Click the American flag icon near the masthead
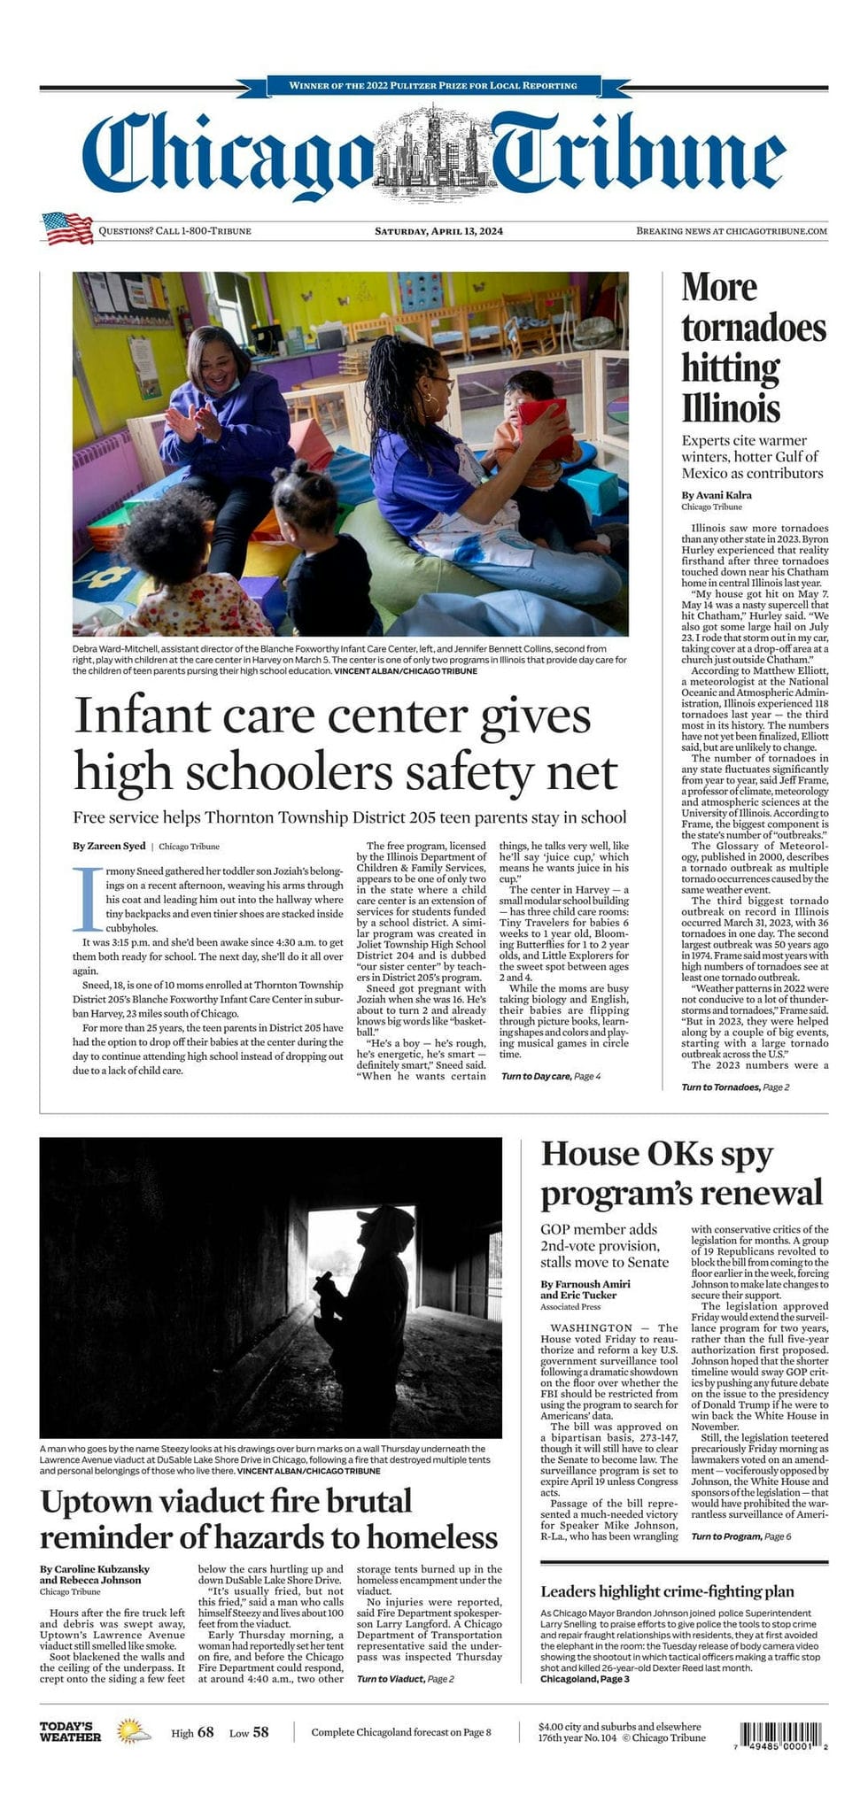click(67, 228)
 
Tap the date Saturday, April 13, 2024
click(438, 231)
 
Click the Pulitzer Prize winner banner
click(433, 86)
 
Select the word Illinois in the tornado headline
click(731, 408)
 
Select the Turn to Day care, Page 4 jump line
click(550, 1076)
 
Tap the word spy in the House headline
click(746, 1154)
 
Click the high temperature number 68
click(205, 1732)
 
